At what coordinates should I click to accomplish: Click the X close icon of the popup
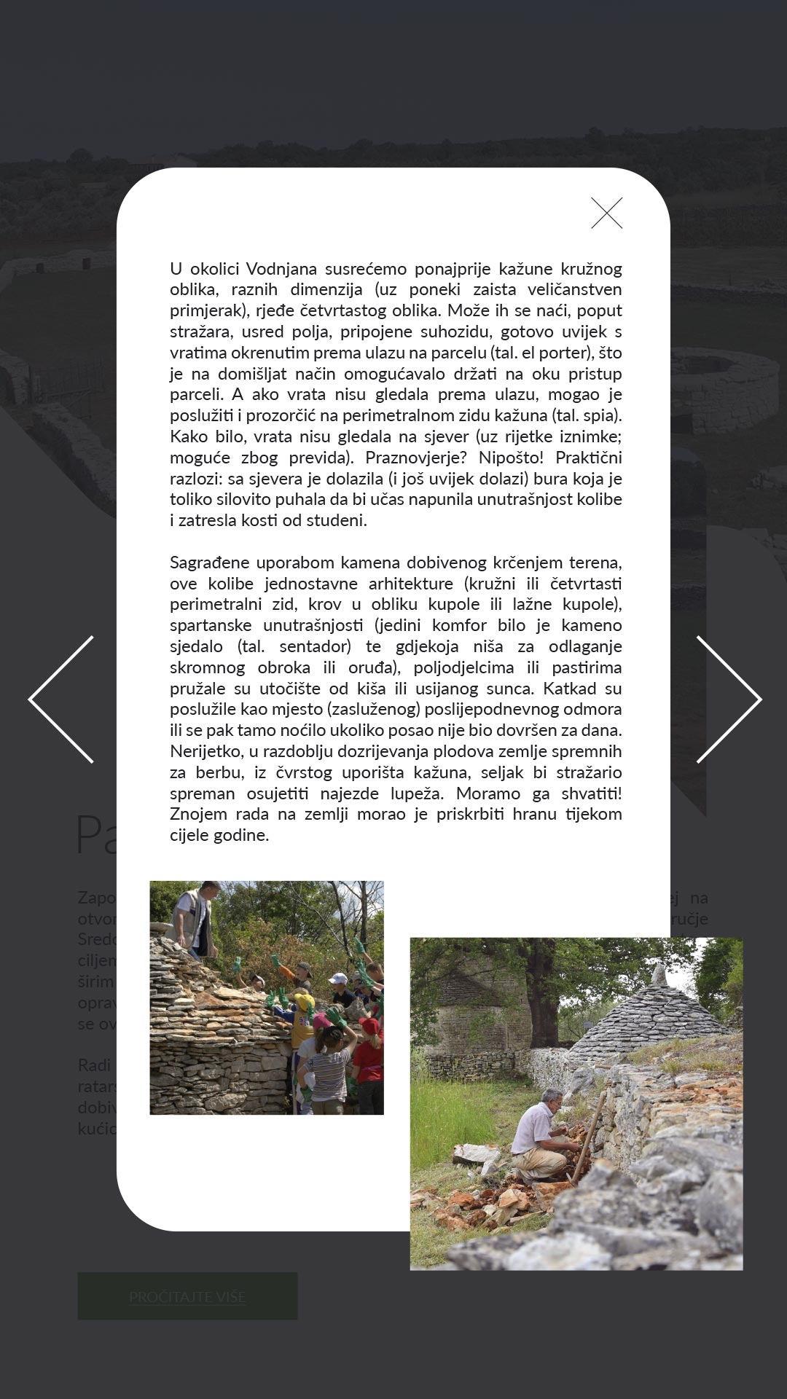click(x=606, y=213)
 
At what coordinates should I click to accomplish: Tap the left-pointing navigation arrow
click(x=62, y=699)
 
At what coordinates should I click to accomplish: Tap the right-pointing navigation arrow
click(x=728, y=699)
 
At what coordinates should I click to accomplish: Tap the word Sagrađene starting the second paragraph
click(x=211, y=563)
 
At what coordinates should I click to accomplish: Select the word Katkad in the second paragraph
click(x=571, y=689)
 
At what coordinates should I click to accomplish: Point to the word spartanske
click(x=211, y=625)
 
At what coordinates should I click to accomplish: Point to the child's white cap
click(x=338, y=979)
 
